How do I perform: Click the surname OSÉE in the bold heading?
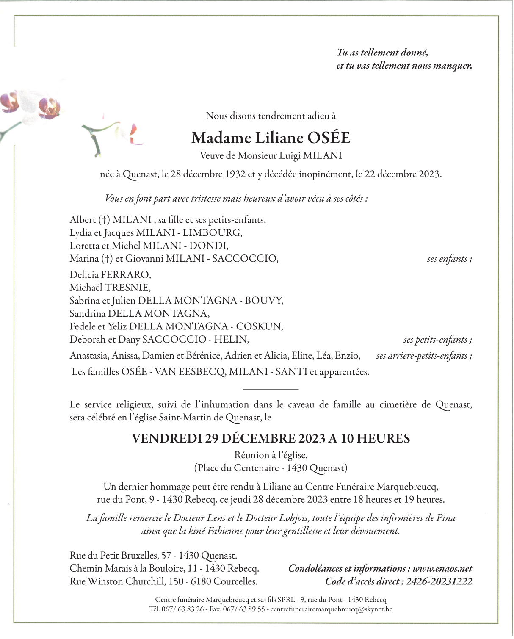(329, 138)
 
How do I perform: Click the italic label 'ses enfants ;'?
(449, 259)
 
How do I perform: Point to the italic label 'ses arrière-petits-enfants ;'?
(424, 356)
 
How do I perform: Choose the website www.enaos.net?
(442, 569)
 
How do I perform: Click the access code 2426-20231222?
(439, 581)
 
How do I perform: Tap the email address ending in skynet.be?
(331, 609)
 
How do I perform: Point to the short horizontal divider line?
(271, 389)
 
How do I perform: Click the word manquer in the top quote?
(452, 66)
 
